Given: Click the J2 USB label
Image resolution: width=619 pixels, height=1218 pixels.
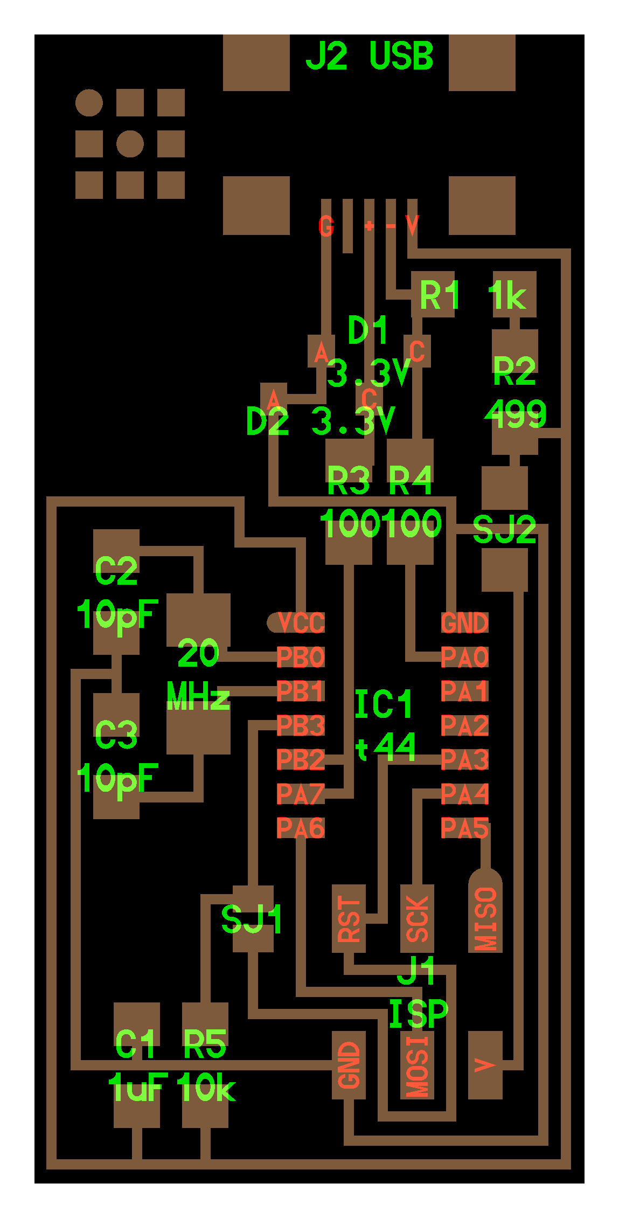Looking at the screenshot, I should [x=369, y=57].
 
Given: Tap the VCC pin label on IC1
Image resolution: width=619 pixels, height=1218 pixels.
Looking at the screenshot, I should [x=301, y=623].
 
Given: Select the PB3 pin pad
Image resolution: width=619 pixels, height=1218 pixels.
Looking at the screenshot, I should [x=300, y=725].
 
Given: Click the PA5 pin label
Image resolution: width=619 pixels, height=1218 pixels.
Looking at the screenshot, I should [x=464, y=828].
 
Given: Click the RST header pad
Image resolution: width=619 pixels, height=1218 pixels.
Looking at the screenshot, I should [x=349, y=918].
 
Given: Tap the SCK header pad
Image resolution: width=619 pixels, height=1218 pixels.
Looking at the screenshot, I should [x=417, y=918].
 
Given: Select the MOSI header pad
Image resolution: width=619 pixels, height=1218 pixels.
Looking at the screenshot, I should [x=417, y=1065].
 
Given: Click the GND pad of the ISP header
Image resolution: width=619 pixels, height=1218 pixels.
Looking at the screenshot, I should [x=349, y=1065].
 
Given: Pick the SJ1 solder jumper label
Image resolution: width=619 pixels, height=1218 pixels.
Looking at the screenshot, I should [x=252, y=919].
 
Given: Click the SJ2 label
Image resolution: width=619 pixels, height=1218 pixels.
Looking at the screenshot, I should [x=504, y=530].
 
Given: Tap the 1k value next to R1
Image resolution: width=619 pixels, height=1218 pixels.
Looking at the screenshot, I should [x=507, y=296].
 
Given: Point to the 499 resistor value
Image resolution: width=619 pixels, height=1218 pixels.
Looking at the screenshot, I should [x=515, y=414].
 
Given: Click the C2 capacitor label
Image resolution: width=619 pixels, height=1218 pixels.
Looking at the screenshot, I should [x=116, y=571].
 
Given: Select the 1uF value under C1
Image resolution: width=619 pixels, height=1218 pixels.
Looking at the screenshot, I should [x=137, y=1088].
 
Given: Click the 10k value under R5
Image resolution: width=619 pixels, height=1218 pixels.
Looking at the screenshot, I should [x=206, y=1088].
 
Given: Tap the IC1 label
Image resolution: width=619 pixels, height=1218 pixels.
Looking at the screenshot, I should [x=384, y=704].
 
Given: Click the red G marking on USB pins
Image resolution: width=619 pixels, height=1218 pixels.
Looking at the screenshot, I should [x=326, y=226].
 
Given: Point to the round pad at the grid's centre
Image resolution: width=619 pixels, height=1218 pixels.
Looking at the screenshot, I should [x=130, y=144].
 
